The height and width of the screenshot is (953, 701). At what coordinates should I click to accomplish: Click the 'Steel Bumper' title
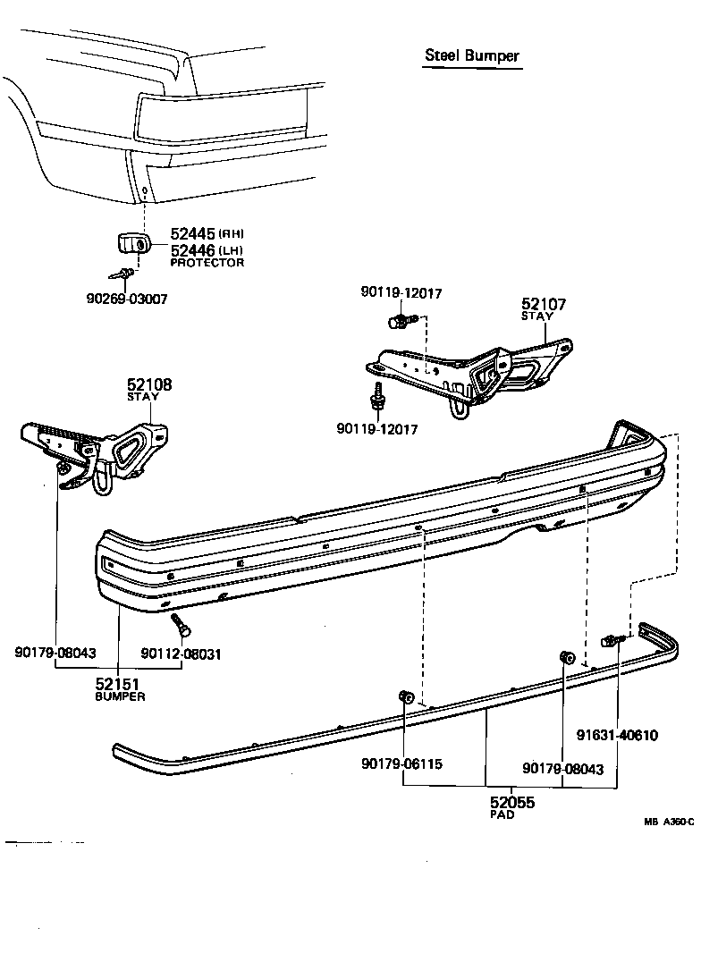471,56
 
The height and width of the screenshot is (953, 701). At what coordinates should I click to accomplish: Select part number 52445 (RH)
194,233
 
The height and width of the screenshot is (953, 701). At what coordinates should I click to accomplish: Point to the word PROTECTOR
207,263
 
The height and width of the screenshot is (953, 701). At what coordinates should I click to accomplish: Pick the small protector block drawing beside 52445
132,243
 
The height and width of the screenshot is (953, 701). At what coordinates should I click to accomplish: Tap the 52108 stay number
148,384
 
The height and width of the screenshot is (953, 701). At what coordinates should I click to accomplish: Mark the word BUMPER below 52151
120,696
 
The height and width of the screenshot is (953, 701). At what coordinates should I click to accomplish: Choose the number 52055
511,802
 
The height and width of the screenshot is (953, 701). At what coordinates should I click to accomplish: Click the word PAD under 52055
502,815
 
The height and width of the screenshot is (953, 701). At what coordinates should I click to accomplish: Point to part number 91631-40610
617,736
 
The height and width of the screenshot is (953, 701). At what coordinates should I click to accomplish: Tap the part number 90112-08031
182,654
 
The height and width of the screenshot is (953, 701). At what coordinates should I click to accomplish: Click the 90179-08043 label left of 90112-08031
55,654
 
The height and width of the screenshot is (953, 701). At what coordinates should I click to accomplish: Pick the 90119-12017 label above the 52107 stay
401,292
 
